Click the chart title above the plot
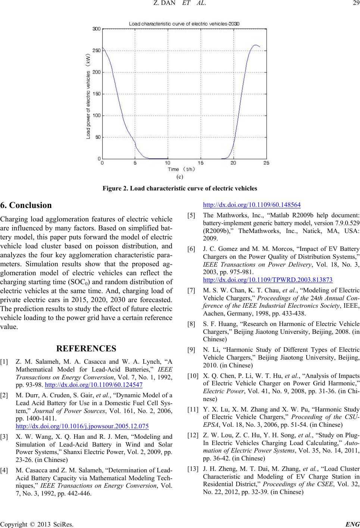(x=184, y=24)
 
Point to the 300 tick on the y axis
(x=96, y=29)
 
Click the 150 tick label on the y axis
(x=96, y=94)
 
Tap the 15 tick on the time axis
(x=201, y=163)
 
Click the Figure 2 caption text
(x=180, y=187)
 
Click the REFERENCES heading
(x=86, y=349)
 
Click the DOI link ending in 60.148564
(x=251, y=204)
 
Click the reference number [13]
(x=193, y=470)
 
